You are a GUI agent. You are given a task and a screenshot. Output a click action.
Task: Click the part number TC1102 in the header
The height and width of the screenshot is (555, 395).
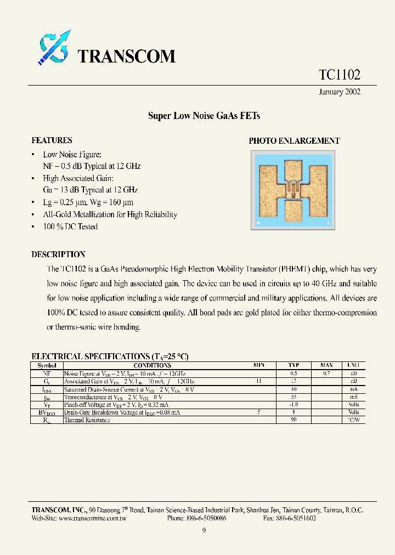tap(340, 75)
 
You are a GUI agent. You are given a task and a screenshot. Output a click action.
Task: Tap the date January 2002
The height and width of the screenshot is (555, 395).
tap(340, 92)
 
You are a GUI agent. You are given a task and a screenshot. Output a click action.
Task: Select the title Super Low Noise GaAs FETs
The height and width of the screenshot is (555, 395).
tap(204, 116)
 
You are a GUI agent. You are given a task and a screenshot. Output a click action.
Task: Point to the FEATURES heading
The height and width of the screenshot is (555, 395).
tap(52, 140)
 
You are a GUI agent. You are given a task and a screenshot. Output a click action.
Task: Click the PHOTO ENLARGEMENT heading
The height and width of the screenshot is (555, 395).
tap(294, 141)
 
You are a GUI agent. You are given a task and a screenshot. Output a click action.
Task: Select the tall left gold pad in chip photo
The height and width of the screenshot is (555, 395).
tap(269, 192)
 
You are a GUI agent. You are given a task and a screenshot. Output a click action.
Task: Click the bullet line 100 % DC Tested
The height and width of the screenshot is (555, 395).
tap(70, 226)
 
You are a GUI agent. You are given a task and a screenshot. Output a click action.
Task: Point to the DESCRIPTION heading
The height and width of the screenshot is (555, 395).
tap(58, 254)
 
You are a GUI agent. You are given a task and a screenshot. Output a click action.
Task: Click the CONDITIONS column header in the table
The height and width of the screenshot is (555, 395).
tap(152, 366)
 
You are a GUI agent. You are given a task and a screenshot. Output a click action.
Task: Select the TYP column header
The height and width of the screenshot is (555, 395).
tap(294, 366)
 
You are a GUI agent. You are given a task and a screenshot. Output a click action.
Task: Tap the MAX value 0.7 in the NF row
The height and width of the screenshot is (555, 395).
tap(326, 373)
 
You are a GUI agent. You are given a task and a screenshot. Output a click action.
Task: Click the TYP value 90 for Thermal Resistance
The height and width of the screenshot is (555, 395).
tap(294, 420)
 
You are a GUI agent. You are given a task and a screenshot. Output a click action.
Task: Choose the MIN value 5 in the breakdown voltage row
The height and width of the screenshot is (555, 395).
tap(258, 412)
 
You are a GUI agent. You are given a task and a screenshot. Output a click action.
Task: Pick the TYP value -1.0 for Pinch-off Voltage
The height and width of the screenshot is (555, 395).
tap(294, 404)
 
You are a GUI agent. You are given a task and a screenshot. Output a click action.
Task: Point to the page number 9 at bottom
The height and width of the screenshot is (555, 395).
tap(204, 530)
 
